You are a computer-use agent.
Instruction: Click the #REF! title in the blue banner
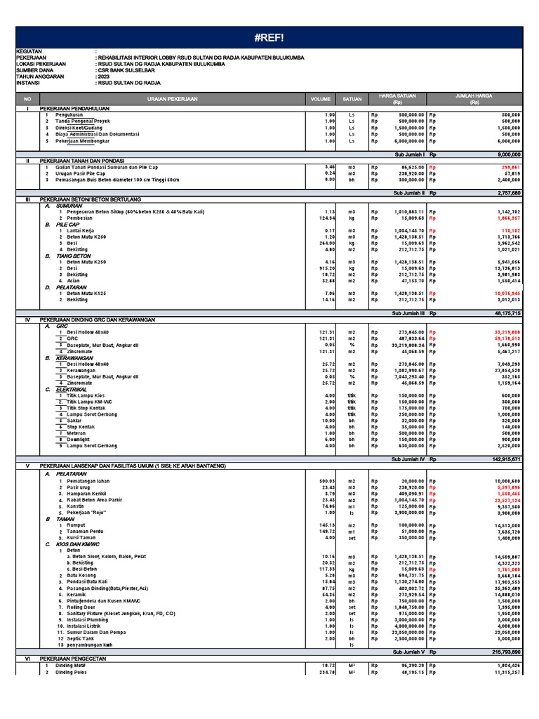269,37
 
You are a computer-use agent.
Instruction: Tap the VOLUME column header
319,100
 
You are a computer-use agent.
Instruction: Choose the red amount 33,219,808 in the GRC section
505,331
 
